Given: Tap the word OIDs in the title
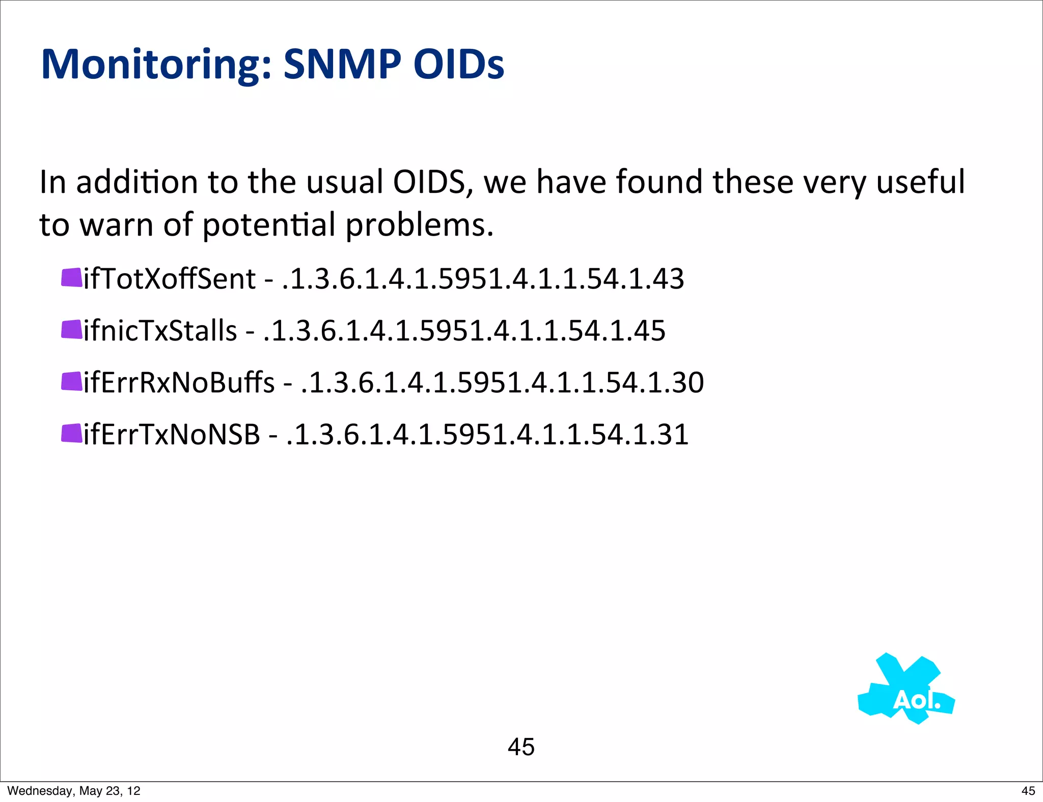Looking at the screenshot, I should click(x=458, y=64).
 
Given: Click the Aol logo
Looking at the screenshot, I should click(x=907, y=690).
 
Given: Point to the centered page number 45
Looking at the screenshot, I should click(x=521, y=747).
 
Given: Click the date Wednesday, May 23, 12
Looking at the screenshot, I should click(x=74, y=791).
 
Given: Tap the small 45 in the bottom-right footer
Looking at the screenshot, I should click(x=1028, y=791).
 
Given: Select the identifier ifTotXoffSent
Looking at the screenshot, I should click(x=170, y=279).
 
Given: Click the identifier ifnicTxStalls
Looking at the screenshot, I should click(x=160, y=331).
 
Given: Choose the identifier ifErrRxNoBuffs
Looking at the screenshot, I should click(x=179, y=383).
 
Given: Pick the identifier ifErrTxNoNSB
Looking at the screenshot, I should click(x=172, y=435).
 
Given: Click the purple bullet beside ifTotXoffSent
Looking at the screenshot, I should click(x=71, y=278).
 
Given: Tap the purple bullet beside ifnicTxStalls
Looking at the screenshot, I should click(x=71, y=330).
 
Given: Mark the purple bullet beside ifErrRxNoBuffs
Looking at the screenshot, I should click(x=71, y=382).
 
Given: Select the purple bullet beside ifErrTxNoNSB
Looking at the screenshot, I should click(x=71, y=434).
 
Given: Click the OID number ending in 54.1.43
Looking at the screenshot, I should click(x=483, y=279).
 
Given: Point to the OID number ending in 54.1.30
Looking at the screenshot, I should click(x=503, y=383).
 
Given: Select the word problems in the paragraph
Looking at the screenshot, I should click(x=419, y=225).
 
